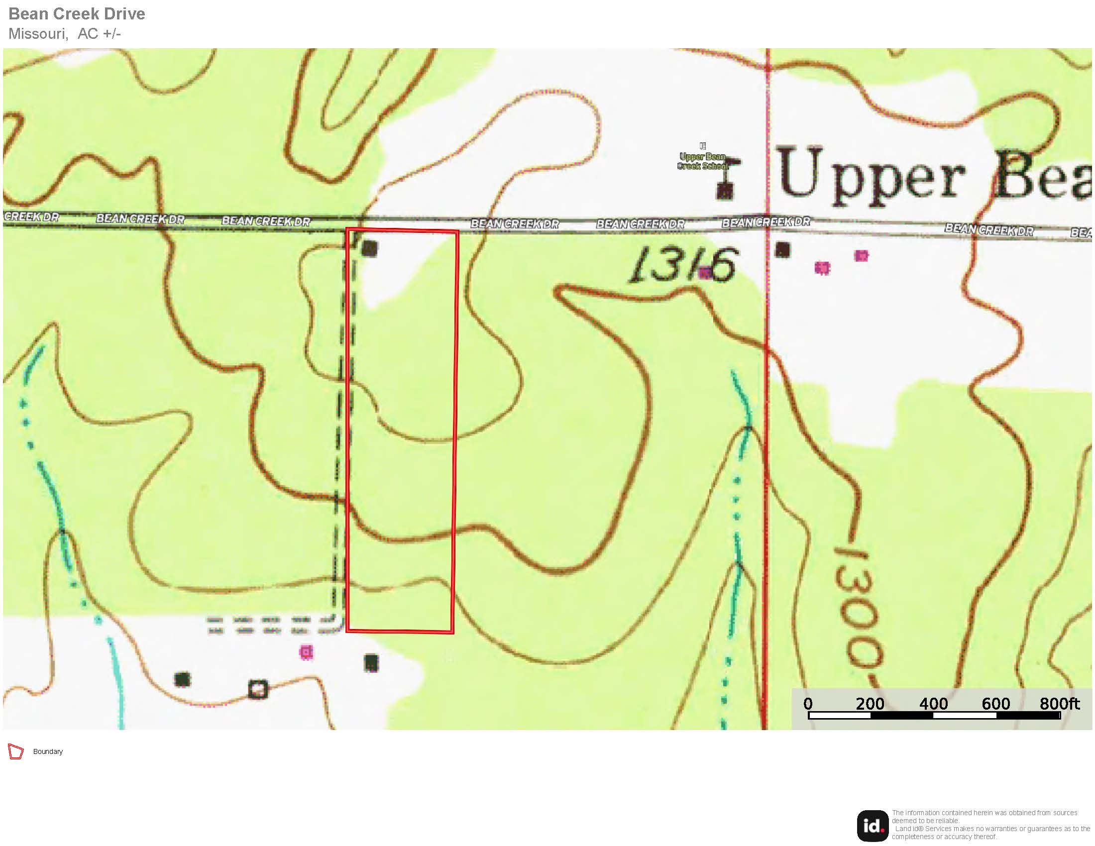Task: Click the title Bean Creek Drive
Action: [x=77, y=14]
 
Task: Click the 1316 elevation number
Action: [x=683, y=264]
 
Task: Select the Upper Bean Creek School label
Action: [x=702, y=161]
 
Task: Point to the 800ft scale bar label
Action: [x=1059, y=704]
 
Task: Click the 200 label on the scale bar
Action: [x=870, y=704]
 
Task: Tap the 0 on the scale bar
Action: [x=808, y=704]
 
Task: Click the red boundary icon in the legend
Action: [x=16, y=752]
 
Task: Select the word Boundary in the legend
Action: [x=48, y=752]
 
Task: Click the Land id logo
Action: [x=873, y=826]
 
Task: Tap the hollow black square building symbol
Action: [x=258, y=689]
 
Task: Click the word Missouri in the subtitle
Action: [x=38, y=34]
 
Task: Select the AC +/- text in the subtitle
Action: [x=99, y=34]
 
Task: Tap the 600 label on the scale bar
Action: [x=995, y=704]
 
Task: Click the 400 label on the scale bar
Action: [x=933, y=704]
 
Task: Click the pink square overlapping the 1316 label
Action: [x=705, y=273]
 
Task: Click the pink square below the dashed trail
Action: [x=306, y=652]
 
